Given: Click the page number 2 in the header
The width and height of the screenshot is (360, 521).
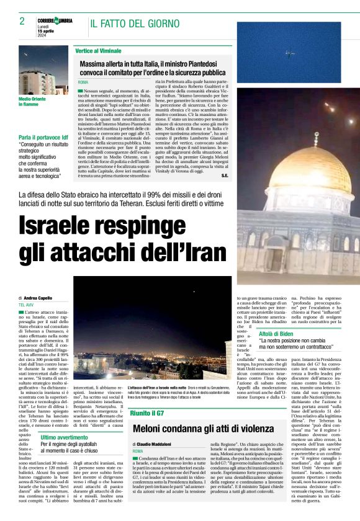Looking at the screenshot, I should point(21,21).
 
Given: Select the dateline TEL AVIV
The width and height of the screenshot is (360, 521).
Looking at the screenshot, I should point(26,305).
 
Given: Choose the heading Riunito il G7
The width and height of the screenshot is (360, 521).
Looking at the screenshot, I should point(147,412).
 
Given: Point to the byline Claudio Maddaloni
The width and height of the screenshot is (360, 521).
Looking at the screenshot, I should point(156,444).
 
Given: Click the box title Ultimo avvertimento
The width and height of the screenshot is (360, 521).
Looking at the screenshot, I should point(65,437).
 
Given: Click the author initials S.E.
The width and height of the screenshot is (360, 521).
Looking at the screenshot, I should point(224,177).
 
